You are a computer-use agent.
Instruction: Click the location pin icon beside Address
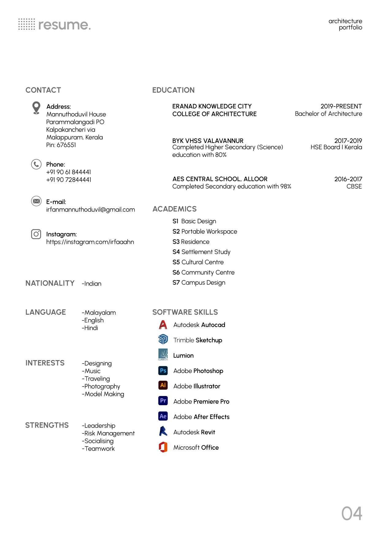pos(36,108)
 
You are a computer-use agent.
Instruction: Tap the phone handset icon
pos(36,164)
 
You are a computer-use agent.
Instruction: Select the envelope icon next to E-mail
pos(36,201)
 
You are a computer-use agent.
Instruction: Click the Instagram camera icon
pos(36,234)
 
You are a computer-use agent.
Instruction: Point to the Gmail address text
pos(90,209)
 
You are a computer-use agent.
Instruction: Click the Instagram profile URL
pos(90,242)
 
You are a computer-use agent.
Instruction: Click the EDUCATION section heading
pos(173,90)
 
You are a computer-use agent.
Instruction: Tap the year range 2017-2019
pos(348,140)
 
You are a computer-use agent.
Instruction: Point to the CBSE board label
pos(354,186)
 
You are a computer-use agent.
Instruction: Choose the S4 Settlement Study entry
pos(201,252)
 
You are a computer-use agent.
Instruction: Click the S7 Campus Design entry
pos(199,282)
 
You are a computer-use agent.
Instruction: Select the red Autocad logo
pos(163,325)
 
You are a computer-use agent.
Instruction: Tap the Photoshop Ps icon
pos(163,371)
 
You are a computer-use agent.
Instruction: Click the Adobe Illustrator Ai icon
pos(163,385)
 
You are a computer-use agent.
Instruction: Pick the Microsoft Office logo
pos(163,447)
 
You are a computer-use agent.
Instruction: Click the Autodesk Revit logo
pos(163,431)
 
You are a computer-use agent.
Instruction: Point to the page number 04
pos(351,513)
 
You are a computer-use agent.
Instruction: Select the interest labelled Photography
pos(101,386)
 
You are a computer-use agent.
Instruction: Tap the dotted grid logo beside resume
pos(27,24)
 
